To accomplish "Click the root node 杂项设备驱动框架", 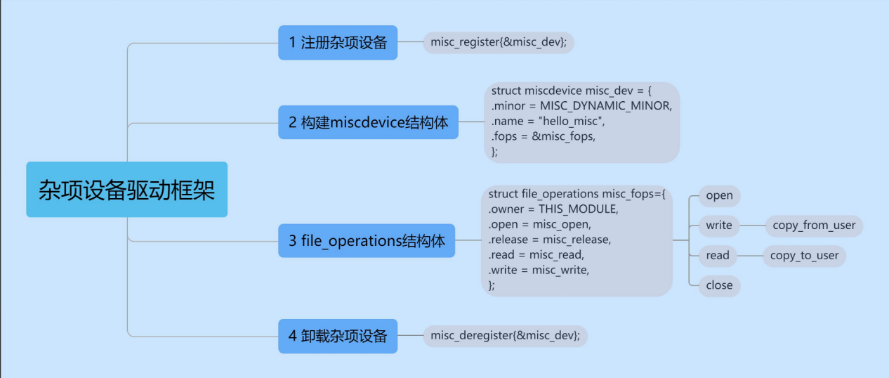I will [126, 190].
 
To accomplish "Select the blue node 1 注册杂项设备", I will [338, 43].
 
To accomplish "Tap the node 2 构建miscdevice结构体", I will [368, 123].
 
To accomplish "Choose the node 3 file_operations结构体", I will [367, 241].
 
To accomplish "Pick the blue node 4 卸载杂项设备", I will [338, 336].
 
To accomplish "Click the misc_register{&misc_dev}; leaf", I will [499, 43].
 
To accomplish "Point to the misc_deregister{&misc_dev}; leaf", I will [505, 336].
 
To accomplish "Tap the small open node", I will [719, 195].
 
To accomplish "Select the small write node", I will [719, 226].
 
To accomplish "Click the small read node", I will [718, 256].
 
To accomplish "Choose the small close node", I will [719, 285].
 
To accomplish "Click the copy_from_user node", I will [814, 226].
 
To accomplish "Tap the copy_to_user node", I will [804, 256].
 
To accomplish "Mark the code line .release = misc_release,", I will [550, 240].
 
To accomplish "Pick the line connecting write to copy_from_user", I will [751, 226].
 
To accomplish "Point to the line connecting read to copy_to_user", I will [750, 256].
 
